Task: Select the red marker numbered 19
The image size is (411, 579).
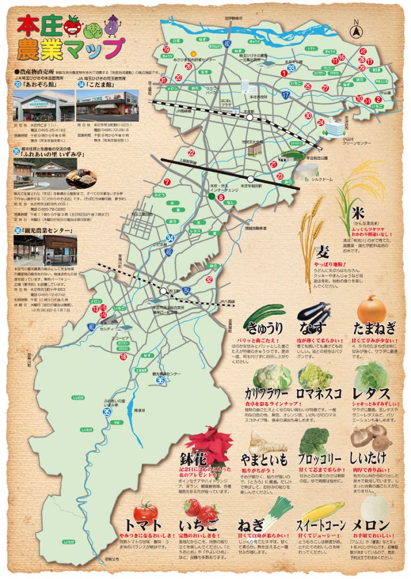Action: [166, 50]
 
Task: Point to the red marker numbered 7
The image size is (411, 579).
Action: [166, 182]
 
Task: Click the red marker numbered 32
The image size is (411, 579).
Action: [209, 279]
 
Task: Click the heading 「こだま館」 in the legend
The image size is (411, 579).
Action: [101, 84]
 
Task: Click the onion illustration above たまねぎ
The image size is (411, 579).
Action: [371, 308]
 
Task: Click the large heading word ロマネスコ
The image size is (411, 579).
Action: [319, 392]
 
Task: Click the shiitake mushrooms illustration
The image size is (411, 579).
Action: [368, 436]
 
